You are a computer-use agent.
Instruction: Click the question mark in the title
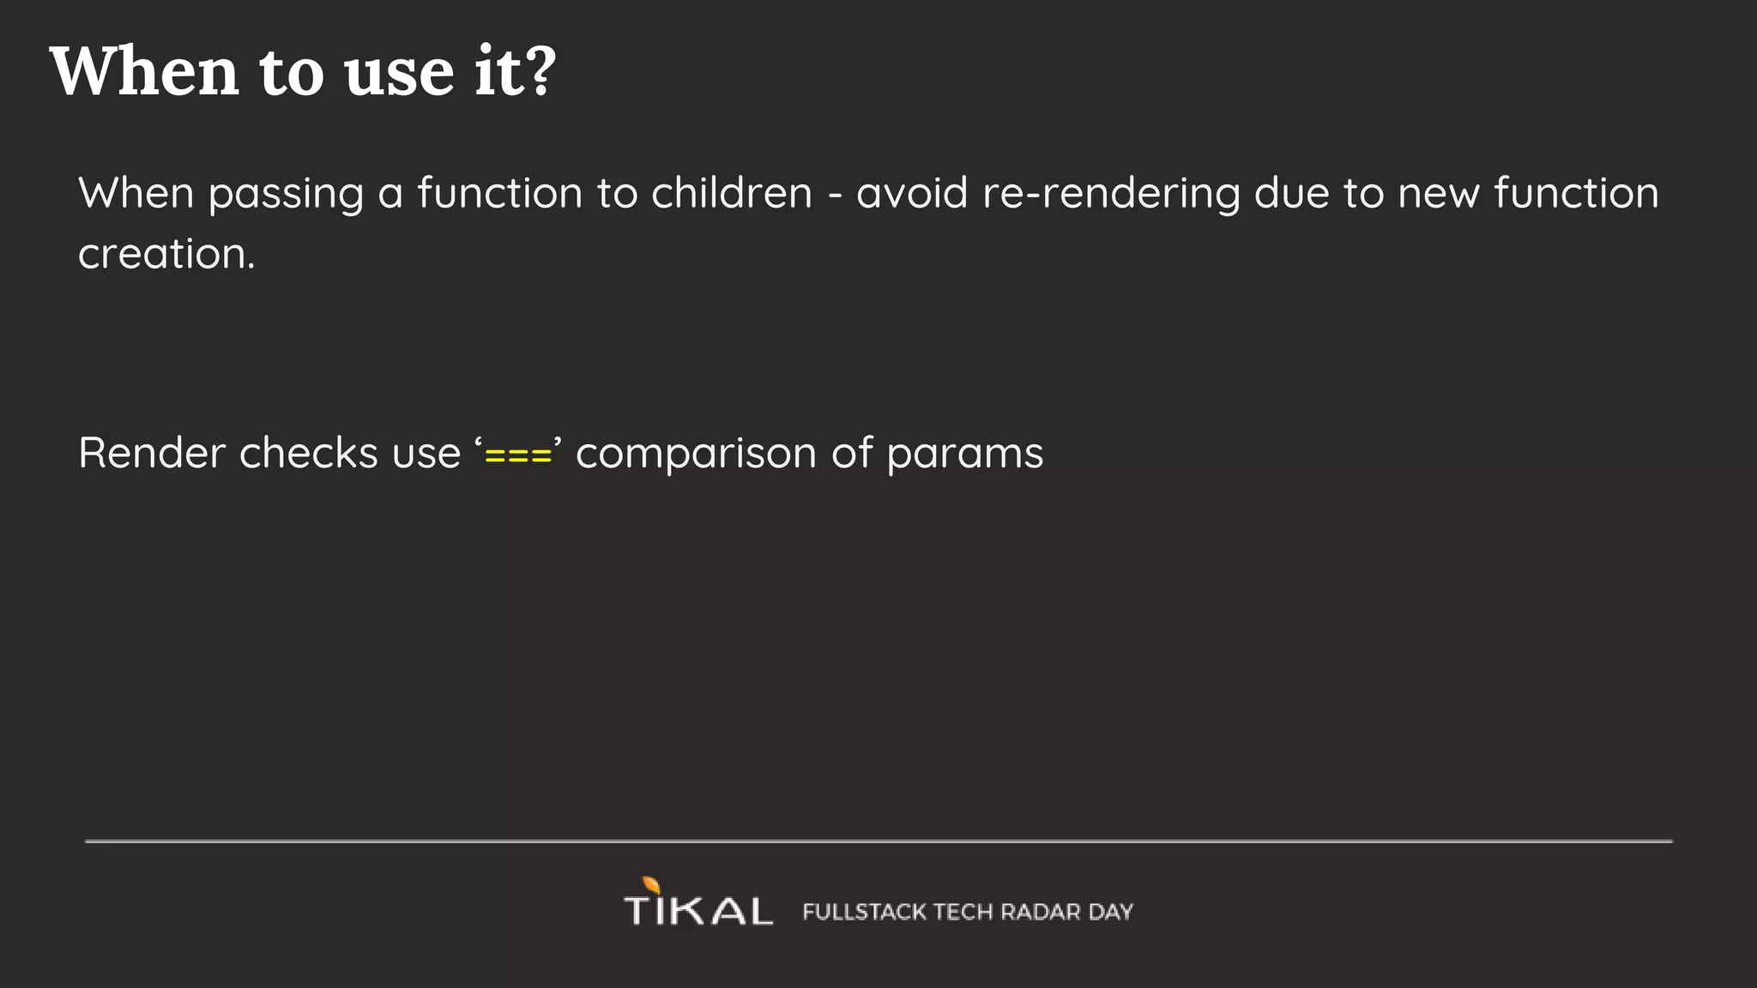point(540,70)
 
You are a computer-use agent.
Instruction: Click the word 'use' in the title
point(399,73)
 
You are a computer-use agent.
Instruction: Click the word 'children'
point(731,193)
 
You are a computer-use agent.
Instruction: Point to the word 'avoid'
point(911,193)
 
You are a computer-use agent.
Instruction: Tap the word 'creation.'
point(166,255)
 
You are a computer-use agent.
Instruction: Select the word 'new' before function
point(1439,195)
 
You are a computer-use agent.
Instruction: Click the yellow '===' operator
point(518,455)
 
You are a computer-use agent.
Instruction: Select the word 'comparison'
point(696,455)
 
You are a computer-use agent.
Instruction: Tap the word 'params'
point(964,455)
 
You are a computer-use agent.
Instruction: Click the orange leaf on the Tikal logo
point(651,885)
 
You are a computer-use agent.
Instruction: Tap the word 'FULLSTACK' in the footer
point(864,912)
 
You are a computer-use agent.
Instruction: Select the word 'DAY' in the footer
point(1111,912)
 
